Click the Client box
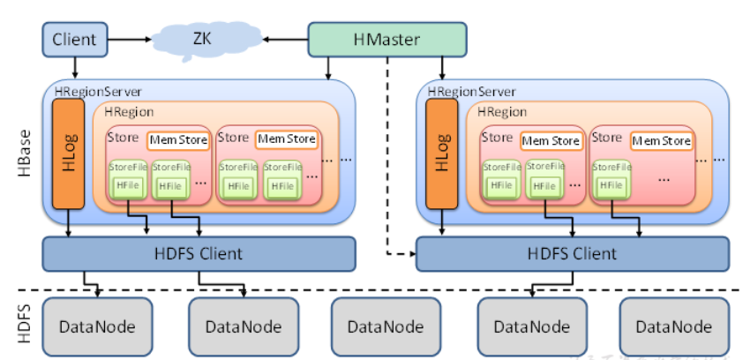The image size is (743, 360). pos(75,39)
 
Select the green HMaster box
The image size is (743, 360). pos(387,39)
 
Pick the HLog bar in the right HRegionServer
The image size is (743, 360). pos(440,154)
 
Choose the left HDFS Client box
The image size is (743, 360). pos(199,254)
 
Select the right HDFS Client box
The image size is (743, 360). pos(573,254)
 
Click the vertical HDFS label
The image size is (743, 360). pos(24,326)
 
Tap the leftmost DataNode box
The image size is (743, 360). pos(97,326)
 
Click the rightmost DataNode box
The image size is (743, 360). pos(674,326)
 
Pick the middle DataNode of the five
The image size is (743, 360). pos(387,326)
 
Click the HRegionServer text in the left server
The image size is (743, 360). pos(96,92)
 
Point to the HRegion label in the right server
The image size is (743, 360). pos(502,112)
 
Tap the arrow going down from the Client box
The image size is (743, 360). pos(75,66)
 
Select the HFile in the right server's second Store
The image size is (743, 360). pos(613,185)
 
